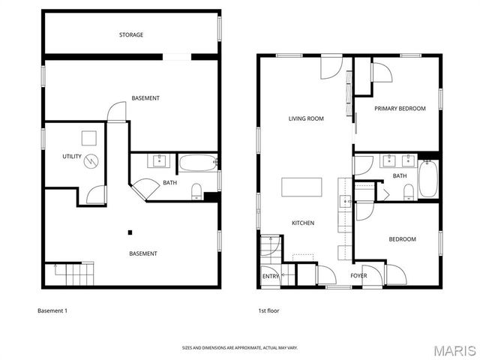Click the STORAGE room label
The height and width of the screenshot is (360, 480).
click(x=131, y=35)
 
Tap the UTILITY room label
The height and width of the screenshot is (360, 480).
click(x=72, y=156)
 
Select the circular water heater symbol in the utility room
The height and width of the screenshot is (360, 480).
click(x=91, y=160)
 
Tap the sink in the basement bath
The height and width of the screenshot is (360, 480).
click(x=159, y=160)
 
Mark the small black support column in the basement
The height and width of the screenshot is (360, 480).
click(x=129, y=232)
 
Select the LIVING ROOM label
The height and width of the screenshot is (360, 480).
click(x=306, y=118)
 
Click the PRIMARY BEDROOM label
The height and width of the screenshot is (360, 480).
click(x=400, y=109)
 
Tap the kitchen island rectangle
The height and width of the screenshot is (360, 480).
click(x=302, y=187)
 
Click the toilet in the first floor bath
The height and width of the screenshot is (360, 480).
click(x=408, y=192)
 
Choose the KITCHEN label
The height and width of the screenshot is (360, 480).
click(x=303, y=223)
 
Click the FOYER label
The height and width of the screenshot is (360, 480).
click(x=358, y=276)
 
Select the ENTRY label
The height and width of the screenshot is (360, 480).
click(x=271, y=277)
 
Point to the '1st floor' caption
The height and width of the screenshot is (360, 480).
click(x=268, y=310)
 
